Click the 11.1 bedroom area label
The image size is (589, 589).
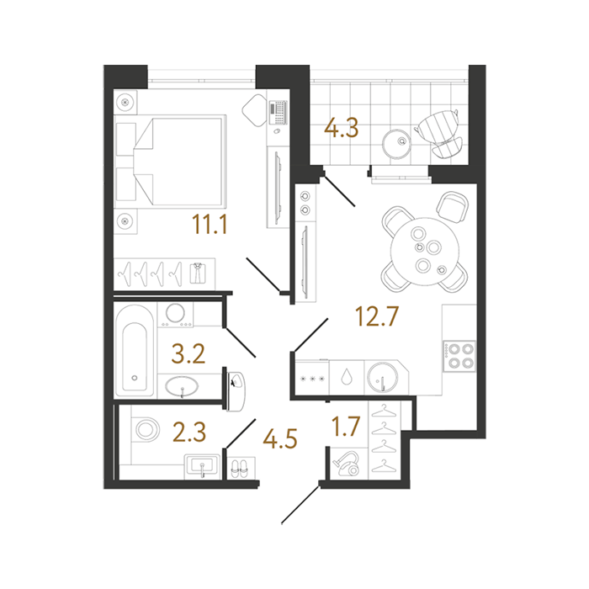pos(210,225)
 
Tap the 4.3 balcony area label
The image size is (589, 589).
pos(342,128)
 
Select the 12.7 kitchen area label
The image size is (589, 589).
pos(376,316)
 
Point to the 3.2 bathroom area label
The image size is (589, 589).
pos(188,354)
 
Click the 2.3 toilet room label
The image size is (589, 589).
pos(189,432)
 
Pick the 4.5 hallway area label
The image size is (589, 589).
pos(280,438)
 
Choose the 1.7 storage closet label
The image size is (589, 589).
pos(346,426)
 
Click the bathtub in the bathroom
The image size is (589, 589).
pos(135,351)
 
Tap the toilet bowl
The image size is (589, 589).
pos(146,429)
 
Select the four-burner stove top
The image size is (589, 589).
pos(460,356)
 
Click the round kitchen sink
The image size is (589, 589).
pos(382,377)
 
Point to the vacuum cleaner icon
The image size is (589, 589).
pos(347,464)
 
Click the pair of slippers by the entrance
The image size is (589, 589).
pos(239,468)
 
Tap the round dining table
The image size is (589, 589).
pos(424,252)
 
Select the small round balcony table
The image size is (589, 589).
pos(396,144)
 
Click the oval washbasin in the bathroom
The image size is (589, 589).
pos(183,386)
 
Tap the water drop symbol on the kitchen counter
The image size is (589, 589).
pos(346,377)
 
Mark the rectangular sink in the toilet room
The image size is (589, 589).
pos(202,466)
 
